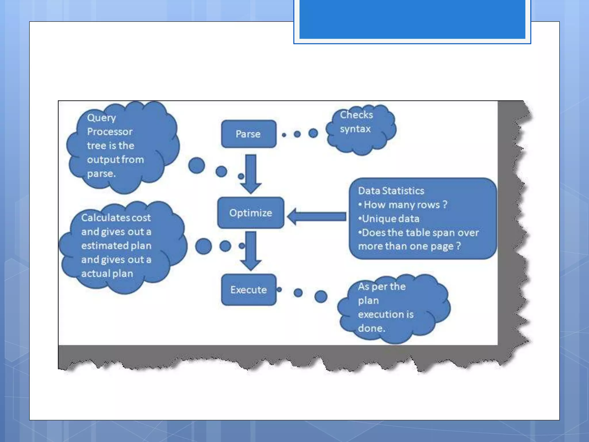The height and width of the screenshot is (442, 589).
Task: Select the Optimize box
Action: point(250,213)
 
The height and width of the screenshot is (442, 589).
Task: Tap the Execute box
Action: point(249,290)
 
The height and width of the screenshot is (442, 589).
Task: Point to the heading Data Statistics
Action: point(391,191)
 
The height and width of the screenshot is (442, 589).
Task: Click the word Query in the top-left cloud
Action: point(102,118)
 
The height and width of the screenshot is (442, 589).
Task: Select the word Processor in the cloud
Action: point(110,132)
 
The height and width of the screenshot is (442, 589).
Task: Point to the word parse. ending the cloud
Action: point(101,174)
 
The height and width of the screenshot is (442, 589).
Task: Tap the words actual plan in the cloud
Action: point(107,274)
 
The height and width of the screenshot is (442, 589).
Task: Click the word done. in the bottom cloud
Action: point(371,328)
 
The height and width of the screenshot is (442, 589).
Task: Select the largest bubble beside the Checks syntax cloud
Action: point(313,133)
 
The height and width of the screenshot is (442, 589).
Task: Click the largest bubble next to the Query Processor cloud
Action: point(197,165)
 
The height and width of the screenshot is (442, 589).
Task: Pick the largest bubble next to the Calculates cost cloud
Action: point(203,246)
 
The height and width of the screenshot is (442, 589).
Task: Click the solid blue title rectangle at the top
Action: point(412,19)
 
